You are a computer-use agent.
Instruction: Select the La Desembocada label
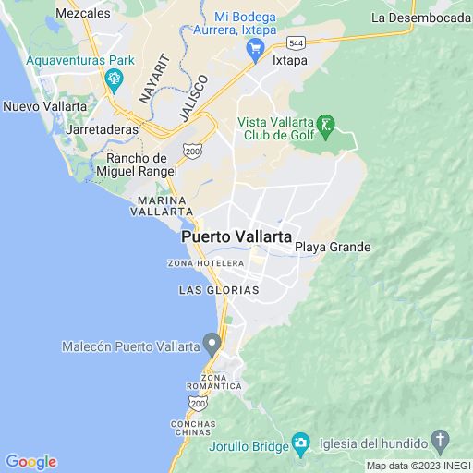(x=420, y=18)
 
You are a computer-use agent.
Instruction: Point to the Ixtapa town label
(x=290, y=61)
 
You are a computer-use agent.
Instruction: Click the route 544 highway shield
(x=296, y=42)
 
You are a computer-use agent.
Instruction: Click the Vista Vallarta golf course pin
(x=324, y=125)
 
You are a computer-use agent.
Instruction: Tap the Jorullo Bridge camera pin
(x=300, y=444)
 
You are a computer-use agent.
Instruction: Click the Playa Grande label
(x=333, y=248)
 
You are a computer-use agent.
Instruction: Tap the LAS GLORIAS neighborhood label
(x=218, y=290)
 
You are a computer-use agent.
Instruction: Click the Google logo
(x=30, y=462)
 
